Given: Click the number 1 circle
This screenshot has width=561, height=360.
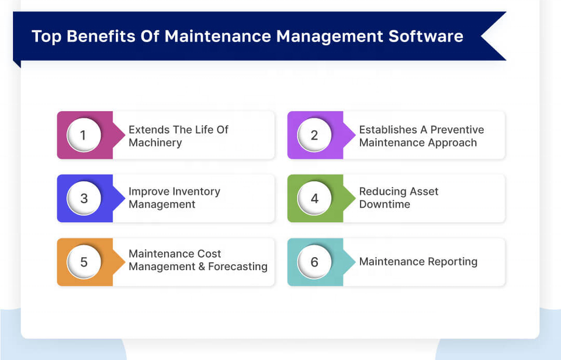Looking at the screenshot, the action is click(84, 135).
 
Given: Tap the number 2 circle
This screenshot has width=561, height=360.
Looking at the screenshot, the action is click(314, 135).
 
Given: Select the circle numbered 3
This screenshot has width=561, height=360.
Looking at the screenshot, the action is click(84, 198).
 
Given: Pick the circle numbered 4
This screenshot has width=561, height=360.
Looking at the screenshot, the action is click(314, 198).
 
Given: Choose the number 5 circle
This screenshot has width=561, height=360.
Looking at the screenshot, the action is click(84, 262).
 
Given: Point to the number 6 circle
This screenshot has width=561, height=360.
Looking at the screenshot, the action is click(314, 262).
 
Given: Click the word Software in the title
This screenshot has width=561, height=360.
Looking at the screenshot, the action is click(426, 36).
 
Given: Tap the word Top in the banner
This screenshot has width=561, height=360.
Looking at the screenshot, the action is click(47, 37).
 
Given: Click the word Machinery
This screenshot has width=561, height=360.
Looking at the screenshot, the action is click(155, 143).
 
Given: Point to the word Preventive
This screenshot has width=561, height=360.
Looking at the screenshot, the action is click(457, 130).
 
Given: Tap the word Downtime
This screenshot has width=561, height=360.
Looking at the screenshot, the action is click(385, 205).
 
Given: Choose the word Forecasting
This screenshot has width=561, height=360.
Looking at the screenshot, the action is click(238, 266).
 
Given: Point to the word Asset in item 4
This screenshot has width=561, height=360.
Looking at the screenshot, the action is click(424, 192).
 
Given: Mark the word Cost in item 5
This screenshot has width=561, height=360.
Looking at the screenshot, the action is click(209, 254).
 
